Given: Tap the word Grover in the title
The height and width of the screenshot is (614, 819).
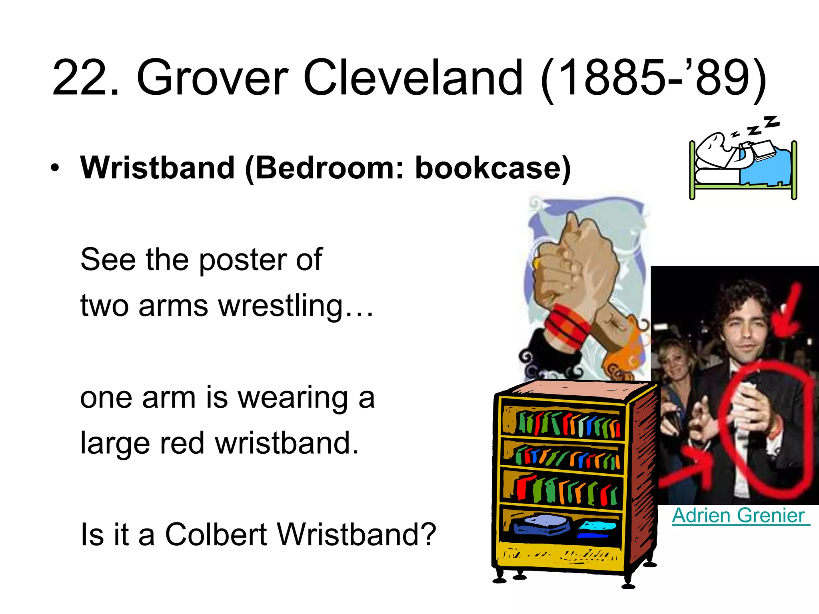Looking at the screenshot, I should (x=212, y=78).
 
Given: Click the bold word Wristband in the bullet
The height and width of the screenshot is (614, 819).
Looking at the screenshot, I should (x=158, y=168).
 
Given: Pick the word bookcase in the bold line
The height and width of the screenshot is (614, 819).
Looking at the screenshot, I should (x=488, y=168).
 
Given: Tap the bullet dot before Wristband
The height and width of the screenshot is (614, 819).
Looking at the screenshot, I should (x=55, y=168).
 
